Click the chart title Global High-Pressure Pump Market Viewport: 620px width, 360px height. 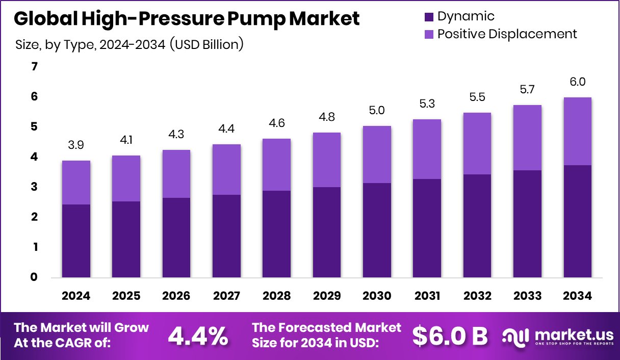(x=187, y=19)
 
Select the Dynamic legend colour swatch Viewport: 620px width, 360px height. (x=428, y=17)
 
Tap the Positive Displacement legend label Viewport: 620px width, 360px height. (x=507, y=34)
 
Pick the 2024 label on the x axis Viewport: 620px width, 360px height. (x=76, y=296)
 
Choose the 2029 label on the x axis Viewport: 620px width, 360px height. (x=327, y=296)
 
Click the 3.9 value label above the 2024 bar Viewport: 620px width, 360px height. (x=76, y=145)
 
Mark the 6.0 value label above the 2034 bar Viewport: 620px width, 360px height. (x=578, y=82)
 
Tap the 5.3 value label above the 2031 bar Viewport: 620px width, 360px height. (x=427, y=104)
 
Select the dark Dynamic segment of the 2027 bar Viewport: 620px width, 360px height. (x=226, y=236)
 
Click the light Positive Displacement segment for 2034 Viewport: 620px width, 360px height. (x=578, y=131)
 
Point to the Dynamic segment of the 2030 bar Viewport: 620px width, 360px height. (x=377, y=230)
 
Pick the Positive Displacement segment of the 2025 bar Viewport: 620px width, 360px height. (x=126, y=178)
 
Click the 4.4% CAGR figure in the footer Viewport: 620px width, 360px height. (x=198, y=336)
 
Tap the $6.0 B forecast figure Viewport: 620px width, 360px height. (x=450, y=336)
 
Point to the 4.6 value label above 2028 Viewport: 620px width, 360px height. (x=277, y=123)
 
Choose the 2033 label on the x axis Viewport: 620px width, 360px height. (x=527, y=296)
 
